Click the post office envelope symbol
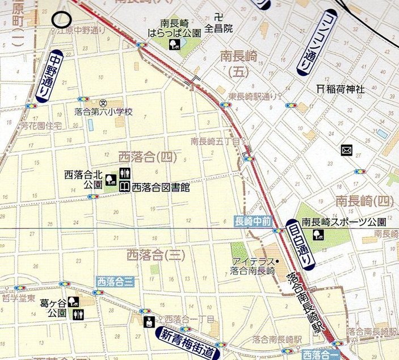346,150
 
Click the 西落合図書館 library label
161,186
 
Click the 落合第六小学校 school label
104,112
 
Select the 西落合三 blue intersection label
115,281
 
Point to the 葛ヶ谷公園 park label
57,307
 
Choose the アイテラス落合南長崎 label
253,266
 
